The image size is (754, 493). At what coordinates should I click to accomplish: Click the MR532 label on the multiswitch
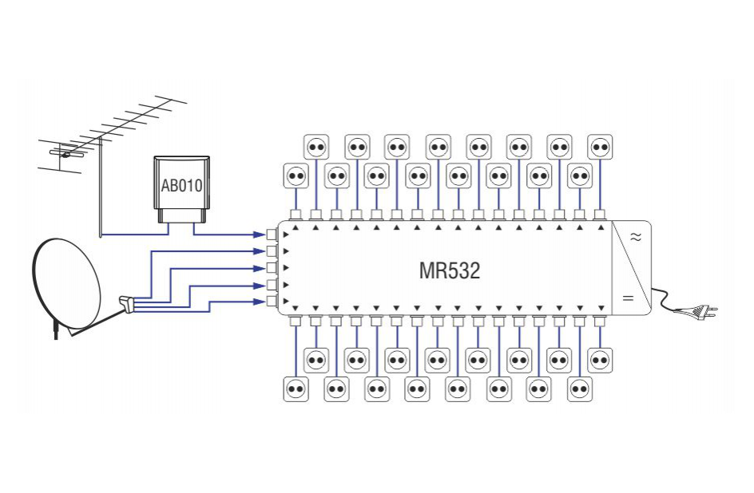point(450,270)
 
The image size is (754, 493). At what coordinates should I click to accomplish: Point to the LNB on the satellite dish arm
point(129,303)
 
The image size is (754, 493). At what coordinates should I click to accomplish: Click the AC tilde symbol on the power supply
point(637,237)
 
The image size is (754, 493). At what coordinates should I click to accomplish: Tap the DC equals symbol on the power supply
point(627,298)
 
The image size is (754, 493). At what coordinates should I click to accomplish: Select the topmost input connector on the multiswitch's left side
point(272,235)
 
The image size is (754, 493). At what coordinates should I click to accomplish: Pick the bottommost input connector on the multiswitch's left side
point(272,302)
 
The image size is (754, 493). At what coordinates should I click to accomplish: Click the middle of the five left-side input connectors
point(272,268)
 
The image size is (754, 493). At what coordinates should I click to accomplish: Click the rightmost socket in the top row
point(601,147)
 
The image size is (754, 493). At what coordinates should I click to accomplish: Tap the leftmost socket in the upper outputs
point(296,176)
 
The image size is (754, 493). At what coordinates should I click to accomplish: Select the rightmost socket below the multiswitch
point(601,360)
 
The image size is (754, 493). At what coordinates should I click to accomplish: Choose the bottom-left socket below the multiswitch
point(296,389)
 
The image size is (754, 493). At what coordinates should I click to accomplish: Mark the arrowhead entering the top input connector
point(260,235)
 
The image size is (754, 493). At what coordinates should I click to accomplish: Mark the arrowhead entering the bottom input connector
point(260,302)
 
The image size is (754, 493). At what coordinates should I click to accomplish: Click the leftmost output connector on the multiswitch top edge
point(296,215)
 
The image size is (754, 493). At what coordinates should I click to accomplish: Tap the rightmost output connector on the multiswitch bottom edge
point(600,321)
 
